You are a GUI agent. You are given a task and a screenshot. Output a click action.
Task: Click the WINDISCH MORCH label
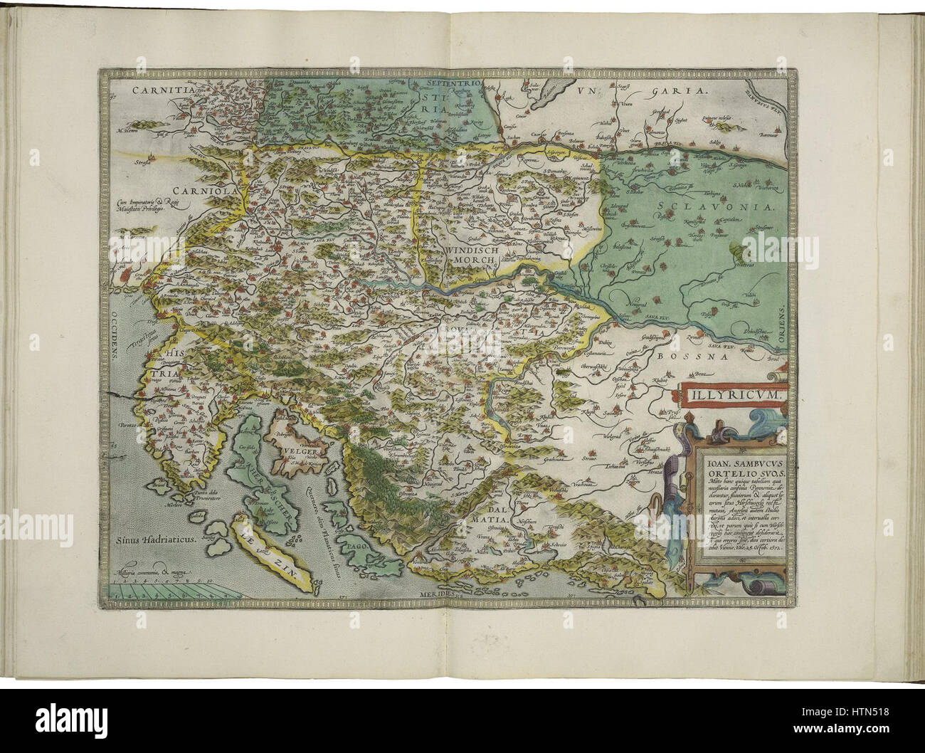[475, 256]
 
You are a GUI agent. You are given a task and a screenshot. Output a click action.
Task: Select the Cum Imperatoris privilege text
[147, 206]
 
